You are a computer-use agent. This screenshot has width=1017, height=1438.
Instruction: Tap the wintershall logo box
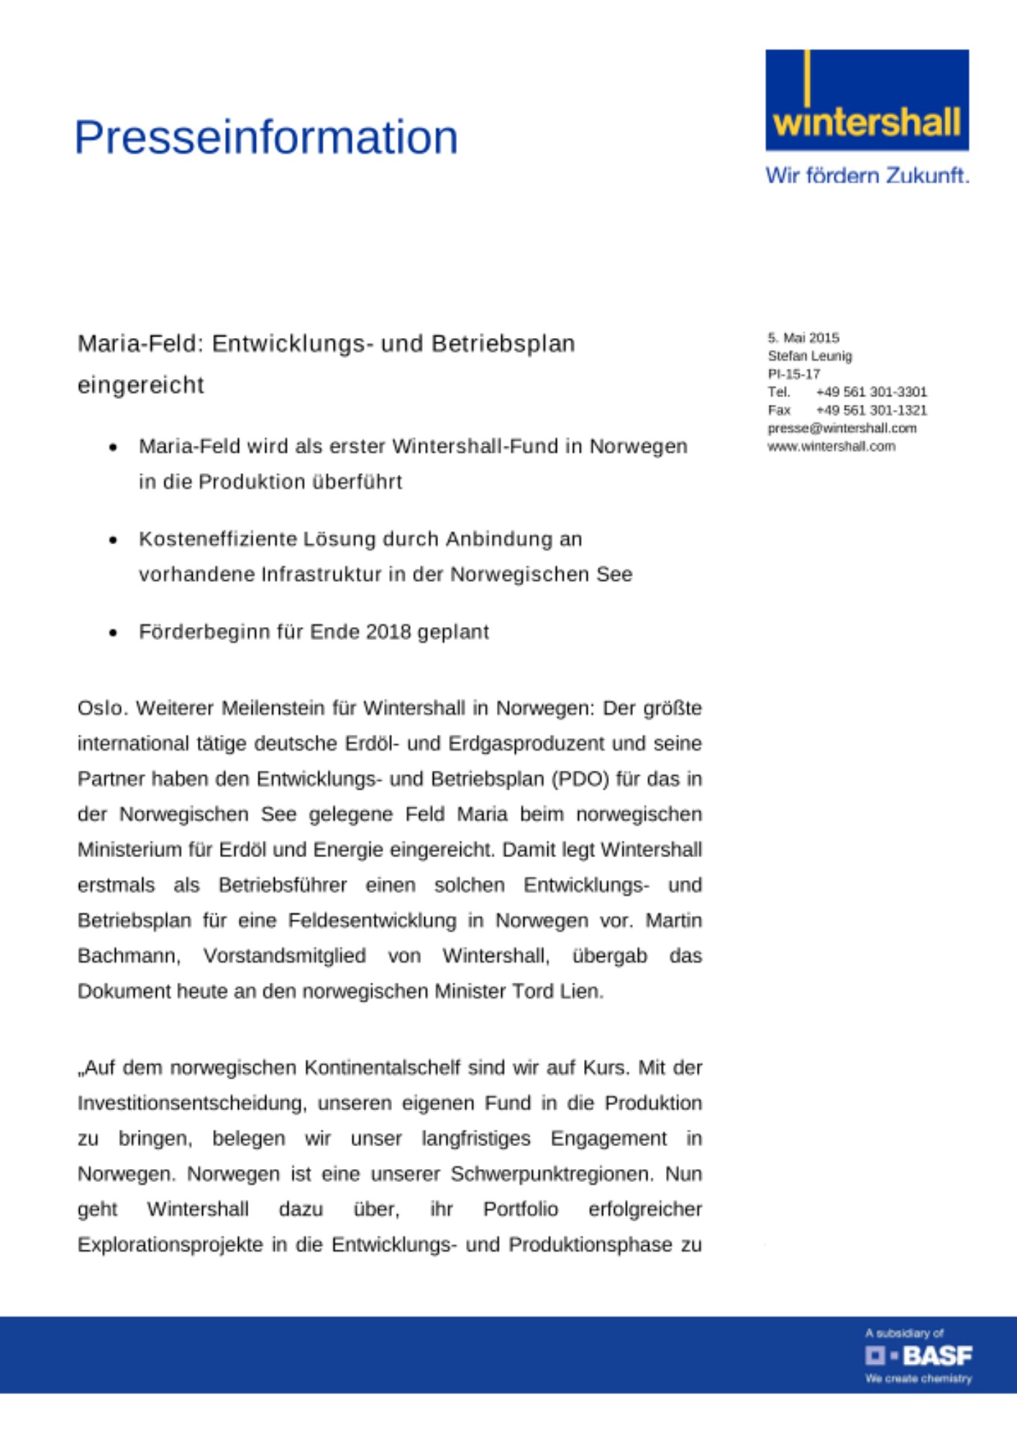[x=867, y=100]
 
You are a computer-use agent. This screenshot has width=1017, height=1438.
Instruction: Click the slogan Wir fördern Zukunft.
[x=867, y=175]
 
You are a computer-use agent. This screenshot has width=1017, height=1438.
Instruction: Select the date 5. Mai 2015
[x=803, y=338]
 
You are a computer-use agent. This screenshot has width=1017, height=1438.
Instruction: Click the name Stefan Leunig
[x=809, y=356]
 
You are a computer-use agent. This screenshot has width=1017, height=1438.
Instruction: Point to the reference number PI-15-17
[x=793, y=374]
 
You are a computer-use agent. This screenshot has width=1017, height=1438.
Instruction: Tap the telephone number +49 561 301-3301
[x=871, y=392]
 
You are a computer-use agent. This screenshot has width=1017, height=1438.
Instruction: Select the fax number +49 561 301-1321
[x=871, y=410]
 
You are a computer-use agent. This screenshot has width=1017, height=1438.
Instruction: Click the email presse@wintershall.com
[x=842, y=428]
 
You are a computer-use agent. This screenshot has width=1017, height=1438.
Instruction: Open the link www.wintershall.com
[x=831, y=446]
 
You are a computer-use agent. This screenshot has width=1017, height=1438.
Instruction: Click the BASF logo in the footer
[x=918, y=1356]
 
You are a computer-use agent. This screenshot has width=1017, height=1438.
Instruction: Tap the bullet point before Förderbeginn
[x=113, y=633]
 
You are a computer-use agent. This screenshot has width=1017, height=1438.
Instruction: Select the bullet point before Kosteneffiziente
[x=113, y=540]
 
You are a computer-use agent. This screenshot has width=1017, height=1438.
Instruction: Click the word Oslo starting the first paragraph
[x=102, y=708]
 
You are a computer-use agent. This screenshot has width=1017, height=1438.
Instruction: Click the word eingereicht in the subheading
[x=141, y=385]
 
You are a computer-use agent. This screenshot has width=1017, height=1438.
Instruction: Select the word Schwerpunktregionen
[x=552, y=1173]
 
